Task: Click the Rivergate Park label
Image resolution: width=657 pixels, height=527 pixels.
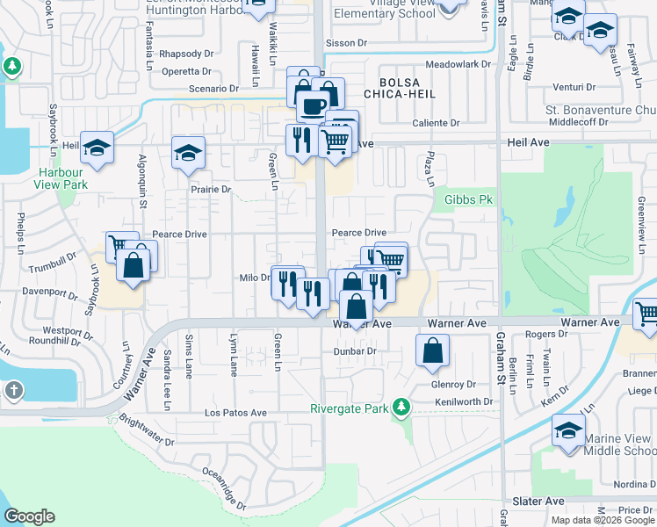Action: pos(350,408)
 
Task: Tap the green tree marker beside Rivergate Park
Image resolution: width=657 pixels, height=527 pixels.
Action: pos(401,408)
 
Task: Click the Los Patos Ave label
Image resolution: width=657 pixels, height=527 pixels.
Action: pos(235,413)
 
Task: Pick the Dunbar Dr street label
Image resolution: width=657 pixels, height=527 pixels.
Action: pos(354,351)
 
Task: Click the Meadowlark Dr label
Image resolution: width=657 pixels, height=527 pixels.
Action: pos(454,65)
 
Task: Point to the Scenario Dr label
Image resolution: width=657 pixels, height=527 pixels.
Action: pos(214,89)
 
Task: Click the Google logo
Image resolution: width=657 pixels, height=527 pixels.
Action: pos(29,516)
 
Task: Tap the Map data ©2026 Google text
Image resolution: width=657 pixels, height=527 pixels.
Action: pos(603,520)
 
